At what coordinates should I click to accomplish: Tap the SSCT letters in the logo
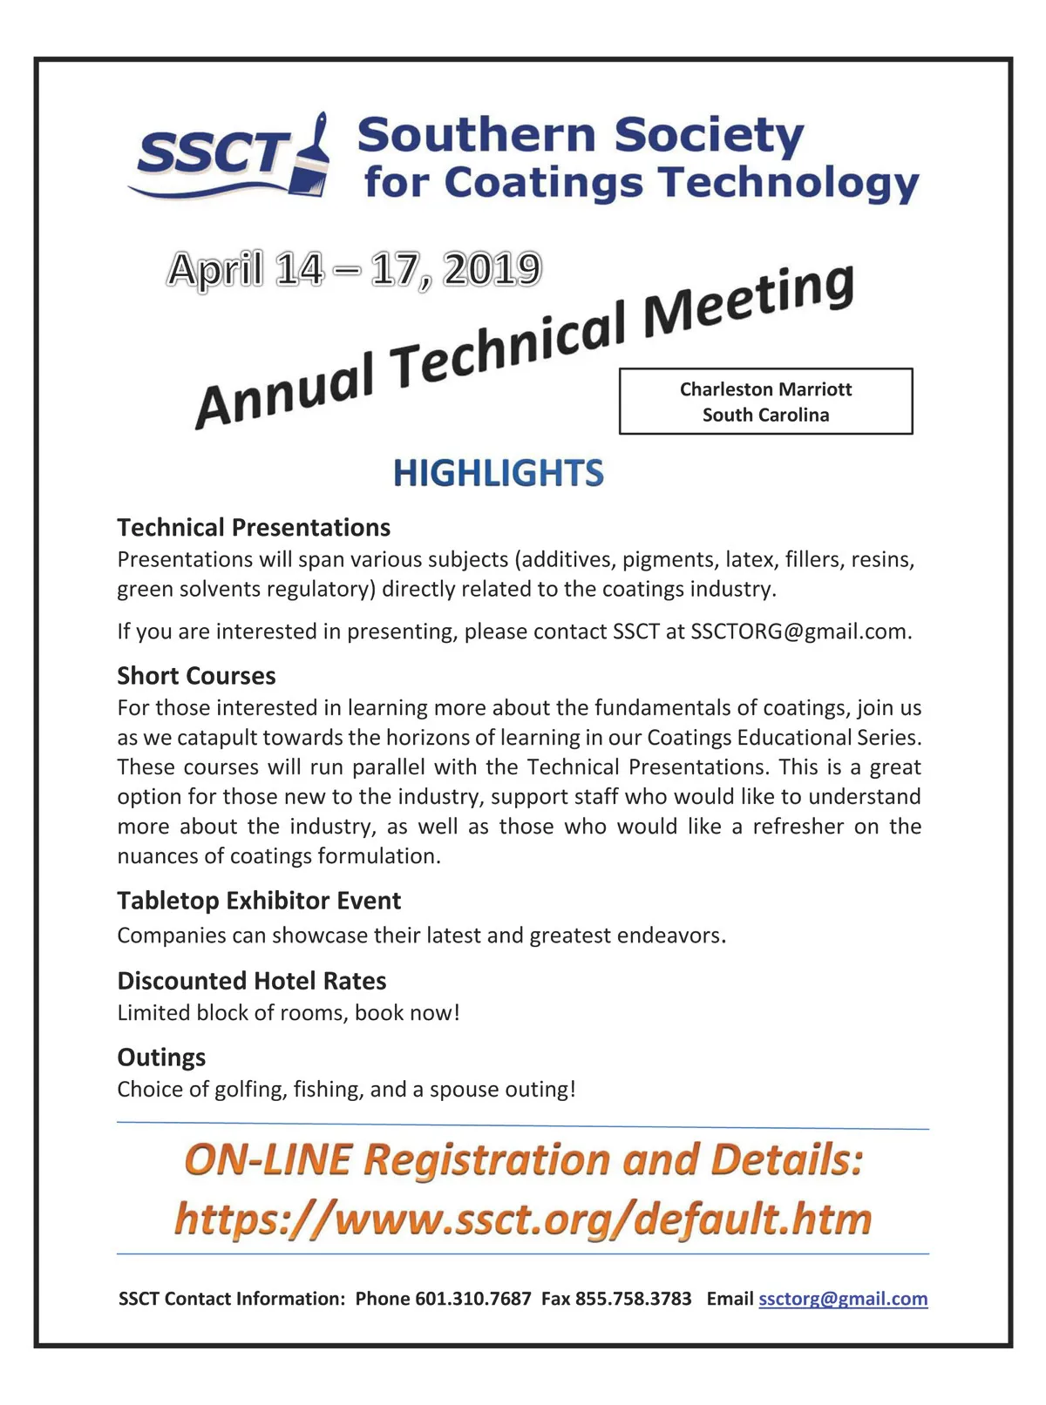[x=212, y=154]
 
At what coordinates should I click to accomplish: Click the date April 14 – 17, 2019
[x=354, y=269]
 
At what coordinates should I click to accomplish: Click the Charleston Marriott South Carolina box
[x=765, y=402]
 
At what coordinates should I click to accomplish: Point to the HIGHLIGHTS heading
[x=498, y=473]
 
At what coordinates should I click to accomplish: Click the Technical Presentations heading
[x=254, y=527]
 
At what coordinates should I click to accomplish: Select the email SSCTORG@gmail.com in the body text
[x=799, y=632]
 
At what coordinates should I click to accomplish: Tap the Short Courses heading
[x=196, y=675]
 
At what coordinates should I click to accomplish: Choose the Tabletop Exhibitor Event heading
[x=259, y=900]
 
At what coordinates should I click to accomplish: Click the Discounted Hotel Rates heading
[x=251, y=981]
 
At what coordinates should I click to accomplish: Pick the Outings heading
[x=161, y=1057]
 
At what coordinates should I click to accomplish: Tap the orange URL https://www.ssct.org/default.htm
[x=523, y=1218]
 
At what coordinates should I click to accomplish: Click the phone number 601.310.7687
[x=472, y=1299]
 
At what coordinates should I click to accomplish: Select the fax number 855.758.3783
[x=633, y=1299]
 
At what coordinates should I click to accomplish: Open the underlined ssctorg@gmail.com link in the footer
[x=843, y=1299]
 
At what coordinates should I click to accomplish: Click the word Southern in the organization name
[x=475, y=136]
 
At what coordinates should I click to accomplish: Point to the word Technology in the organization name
[x=789, y=183]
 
